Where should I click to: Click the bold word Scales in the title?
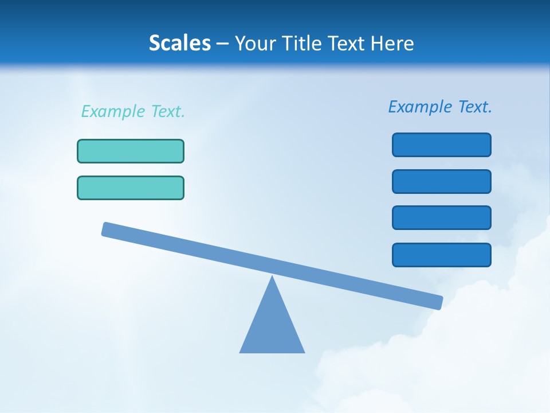click(180, 44)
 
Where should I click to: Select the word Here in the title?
click(393, 44)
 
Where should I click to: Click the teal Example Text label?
click(133, 111)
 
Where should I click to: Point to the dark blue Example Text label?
click(440, 107)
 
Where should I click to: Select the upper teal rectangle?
click(131, 151)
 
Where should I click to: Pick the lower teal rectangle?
click(131, 188)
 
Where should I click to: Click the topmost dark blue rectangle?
click(442, 145)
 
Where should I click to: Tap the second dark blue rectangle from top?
click(442, 181)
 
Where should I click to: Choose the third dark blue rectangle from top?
click(442, 218)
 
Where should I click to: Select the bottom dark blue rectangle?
click(442, 255)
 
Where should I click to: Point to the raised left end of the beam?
click(107, 229)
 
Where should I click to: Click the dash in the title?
click(222, 44)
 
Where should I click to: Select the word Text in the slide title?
click(345, 44)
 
